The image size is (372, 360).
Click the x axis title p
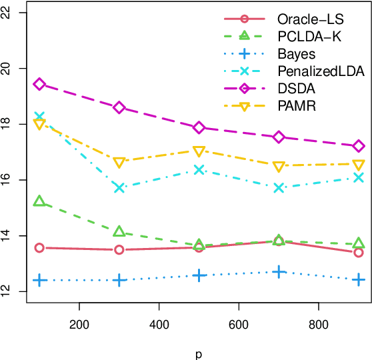pos(199,351)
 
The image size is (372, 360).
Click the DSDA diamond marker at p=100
pos(39,84)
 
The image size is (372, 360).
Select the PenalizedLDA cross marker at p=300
pos(119,187)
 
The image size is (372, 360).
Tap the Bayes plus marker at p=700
pos(279,272)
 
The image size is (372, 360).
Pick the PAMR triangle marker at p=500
pos(199,151)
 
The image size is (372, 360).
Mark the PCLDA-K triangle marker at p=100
pos(39,201)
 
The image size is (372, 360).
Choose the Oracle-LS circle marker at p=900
pos(359,252)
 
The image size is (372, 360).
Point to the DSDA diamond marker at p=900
pos(359,146)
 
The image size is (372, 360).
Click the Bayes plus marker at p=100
pos(39,281)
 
